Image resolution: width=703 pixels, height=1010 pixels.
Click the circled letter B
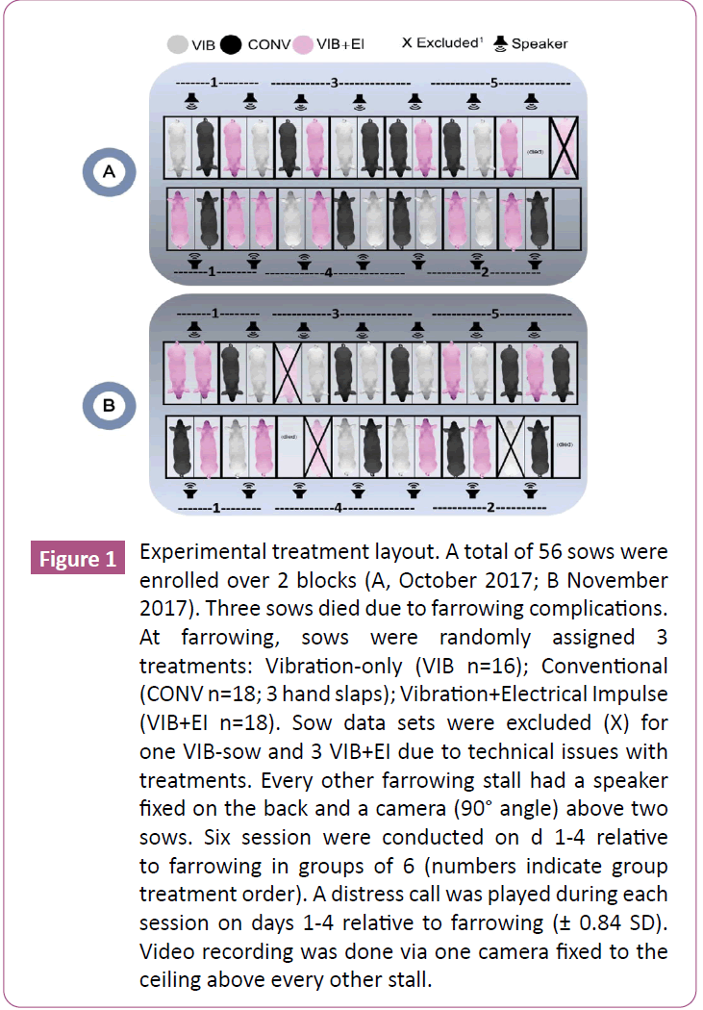pyautogui.click(x=109, y=406)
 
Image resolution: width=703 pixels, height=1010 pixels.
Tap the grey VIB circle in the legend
pyautogui.click(x=176, y=44)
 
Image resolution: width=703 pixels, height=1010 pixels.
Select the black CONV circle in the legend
pyautogui.click(x=232, y=44)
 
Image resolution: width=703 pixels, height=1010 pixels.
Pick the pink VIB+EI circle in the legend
pyautogui.click(x=302, y=44)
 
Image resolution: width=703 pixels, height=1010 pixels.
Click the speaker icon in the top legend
pyautogui.click(x=500, y=43)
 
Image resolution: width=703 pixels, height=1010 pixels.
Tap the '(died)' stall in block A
pyautogui.click(x=536, y=151)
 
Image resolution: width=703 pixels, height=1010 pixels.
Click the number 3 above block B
pyautogui.click(x=335, y=314)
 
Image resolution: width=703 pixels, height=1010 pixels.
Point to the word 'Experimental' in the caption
pyautogui.click(x=200, y=555)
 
